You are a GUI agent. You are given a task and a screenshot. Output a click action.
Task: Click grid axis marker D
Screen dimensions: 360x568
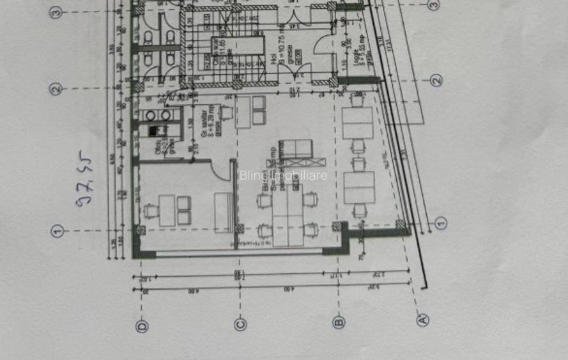[x=142, y=325]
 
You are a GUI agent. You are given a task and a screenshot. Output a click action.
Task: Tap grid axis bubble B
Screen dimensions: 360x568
[x=339, y=322]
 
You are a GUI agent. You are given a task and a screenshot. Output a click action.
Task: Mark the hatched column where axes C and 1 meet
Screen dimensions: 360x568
[x=240, y=228]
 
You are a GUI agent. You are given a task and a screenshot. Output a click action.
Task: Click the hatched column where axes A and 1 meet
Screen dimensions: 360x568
[x=401, y=225]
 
